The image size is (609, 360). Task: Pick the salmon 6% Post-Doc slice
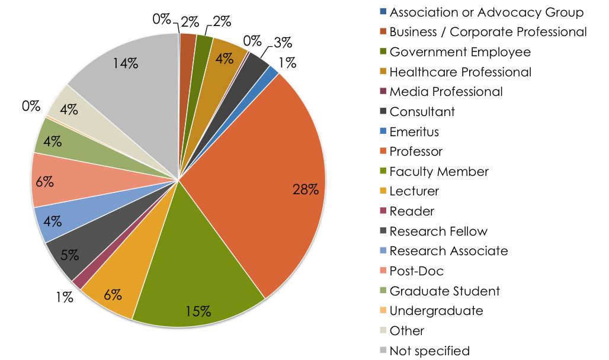tap(71, 181)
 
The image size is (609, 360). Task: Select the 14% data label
tap(126, 62)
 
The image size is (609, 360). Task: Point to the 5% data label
tap(69, 255)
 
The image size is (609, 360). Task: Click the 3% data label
tap(283, 42)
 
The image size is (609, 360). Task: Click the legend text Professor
tap(416, 152)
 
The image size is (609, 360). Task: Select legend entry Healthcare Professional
tap(460, 72)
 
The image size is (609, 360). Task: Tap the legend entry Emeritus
tap(414, 131)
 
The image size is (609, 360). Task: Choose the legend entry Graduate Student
tap(444, 291)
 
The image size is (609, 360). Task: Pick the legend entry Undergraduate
tap(436, 311)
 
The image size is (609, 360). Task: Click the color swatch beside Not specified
tap(383, 351)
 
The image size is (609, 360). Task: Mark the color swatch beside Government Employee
tap(383, 52)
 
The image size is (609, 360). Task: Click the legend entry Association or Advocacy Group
tap(486, 12)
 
